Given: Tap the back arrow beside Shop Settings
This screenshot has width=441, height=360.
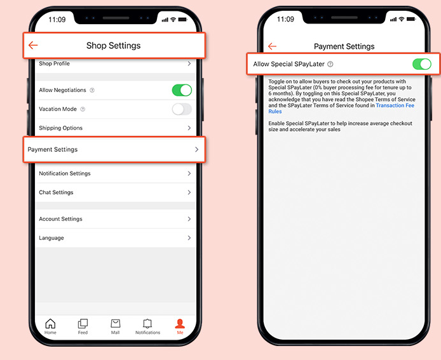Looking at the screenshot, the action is tap(33, 45).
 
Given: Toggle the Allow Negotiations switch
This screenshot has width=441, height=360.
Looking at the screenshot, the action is tap(182, 90).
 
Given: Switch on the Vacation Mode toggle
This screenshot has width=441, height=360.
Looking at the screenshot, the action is tap(182, 109).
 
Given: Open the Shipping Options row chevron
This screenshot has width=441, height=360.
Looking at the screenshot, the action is tap(189, 128).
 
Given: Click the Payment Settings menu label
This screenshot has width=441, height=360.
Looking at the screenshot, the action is tap(53, 149).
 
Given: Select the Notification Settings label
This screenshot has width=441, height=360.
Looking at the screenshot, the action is tap(65, 173).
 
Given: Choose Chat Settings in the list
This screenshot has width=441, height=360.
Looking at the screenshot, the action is tap(56, 192).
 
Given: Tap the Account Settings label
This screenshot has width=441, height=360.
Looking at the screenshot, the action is tap(60, 219).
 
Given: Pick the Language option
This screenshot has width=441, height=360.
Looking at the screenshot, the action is tap(51, 238).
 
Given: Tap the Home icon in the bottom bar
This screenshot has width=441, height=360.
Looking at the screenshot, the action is tap(50, 323).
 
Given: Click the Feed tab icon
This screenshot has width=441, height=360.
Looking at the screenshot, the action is tap(83, 323).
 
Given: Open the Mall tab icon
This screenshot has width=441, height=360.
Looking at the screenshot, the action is tap(115, 323).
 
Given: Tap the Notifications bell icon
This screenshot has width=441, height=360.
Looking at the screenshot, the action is tap(147, 323).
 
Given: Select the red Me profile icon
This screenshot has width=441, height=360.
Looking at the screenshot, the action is tap(180, 323).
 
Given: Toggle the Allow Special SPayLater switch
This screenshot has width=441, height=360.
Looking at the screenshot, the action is tap(421, 64).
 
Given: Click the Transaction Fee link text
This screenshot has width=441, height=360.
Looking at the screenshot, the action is tap(395, 105).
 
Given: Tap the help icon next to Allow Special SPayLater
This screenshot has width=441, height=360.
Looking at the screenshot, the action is tap(330, 64).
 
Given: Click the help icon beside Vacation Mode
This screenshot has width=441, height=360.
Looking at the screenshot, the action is tap(83, 109).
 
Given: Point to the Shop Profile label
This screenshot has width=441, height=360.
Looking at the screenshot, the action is tap(54, 63).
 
